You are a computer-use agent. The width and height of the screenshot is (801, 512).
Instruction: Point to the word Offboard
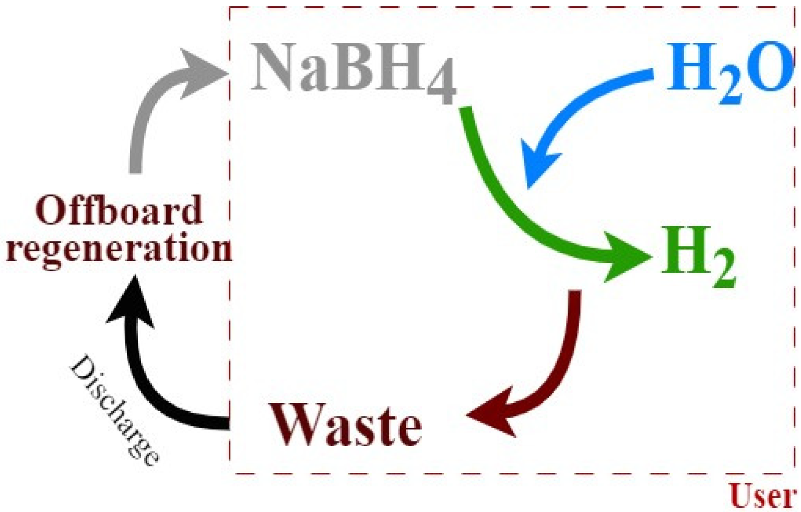pyautogui.click(x=119, y=210)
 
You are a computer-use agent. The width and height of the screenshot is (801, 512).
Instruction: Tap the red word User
pyautogui.click(x=762, y=495)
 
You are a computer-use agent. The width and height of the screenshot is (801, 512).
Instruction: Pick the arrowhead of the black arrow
pyautogui.click(x=131, y=303)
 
